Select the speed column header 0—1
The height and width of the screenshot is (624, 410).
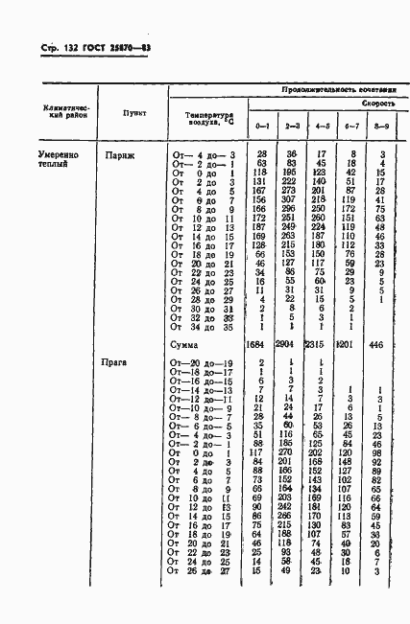coord(261,126)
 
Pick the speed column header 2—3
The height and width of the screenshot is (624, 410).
coord(292,126)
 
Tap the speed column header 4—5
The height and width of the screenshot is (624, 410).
coord(322,126)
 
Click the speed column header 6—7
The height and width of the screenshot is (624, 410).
coord(351,126)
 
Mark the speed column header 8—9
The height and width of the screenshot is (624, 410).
coord(381,126)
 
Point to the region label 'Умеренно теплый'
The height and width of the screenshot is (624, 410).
coord(57,158)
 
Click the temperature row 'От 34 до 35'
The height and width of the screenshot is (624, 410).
coord(204,326)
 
